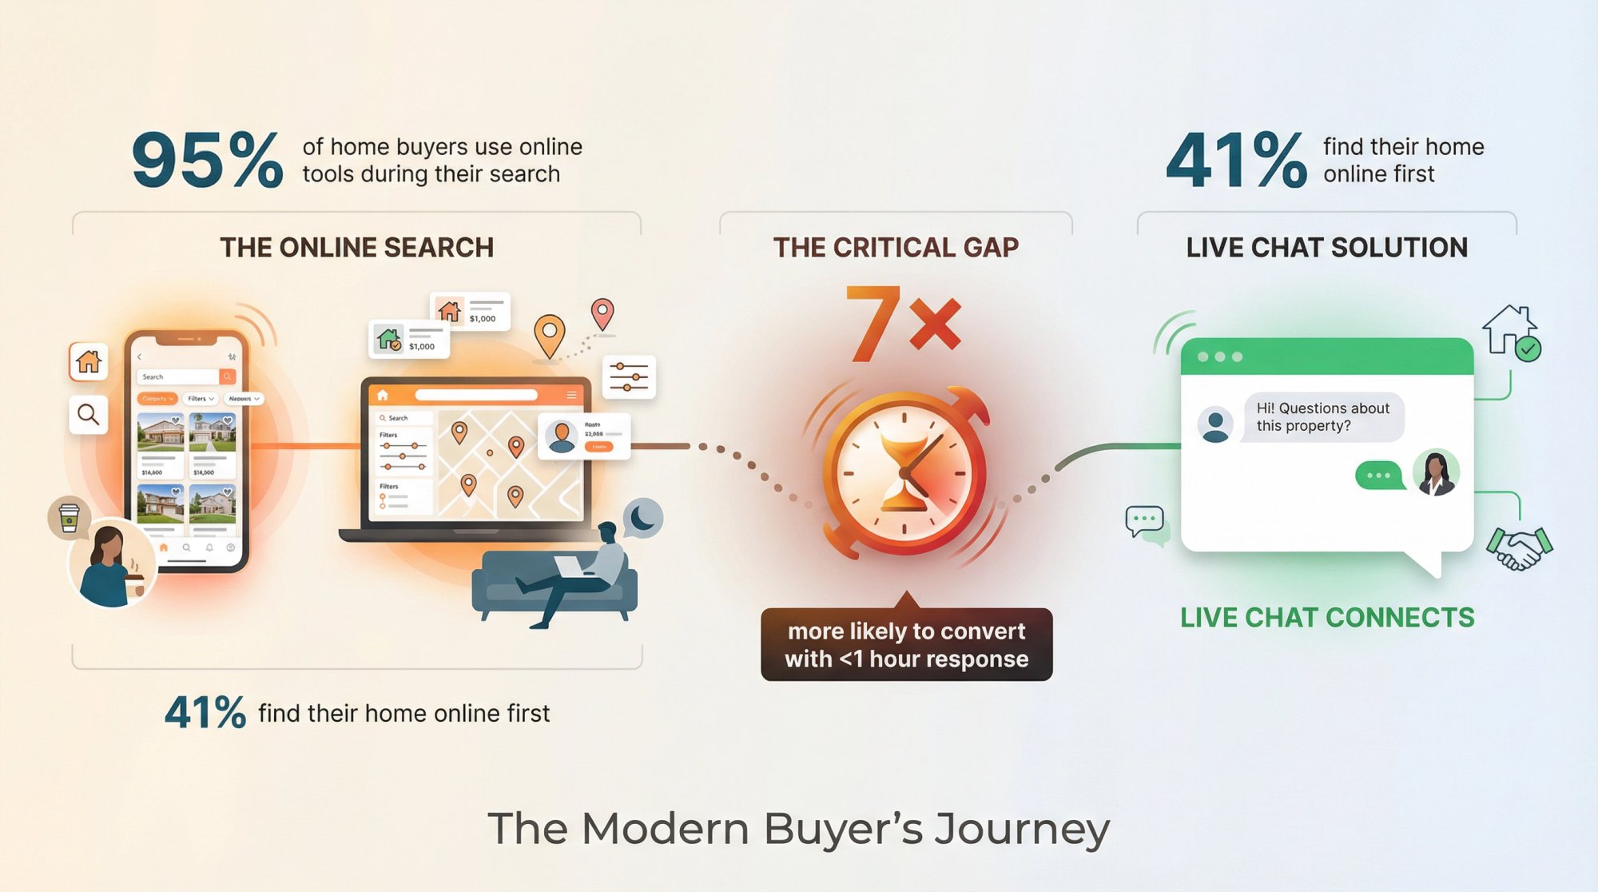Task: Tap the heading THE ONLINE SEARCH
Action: [x=356, y=248]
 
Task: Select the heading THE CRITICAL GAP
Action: [x=896, y=248]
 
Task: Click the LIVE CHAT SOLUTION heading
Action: [x=1326, y=248]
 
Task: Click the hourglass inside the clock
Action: [x=905, y=472]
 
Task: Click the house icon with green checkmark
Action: [x=1511, y=332]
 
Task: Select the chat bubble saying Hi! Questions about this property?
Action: [x=1322, y=416]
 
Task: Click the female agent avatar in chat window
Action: [x=1436, y=472]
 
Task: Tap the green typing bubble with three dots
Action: [x=1378, y=476]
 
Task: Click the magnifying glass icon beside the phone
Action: [x=88, y=414]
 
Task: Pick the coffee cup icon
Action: [x=69, y=517]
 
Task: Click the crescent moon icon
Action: [x=643, y=518]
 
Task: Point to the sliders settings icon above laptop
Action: [x=629, y=376]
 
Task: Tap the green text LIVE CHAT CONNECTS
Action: [x=1327, y=618]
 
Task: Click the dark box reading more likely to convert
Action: [x=906, y=644]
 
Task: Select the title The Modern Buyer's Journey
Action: [x=798, y=828]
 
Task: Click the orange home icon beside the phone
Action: [x=88, y=362]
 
